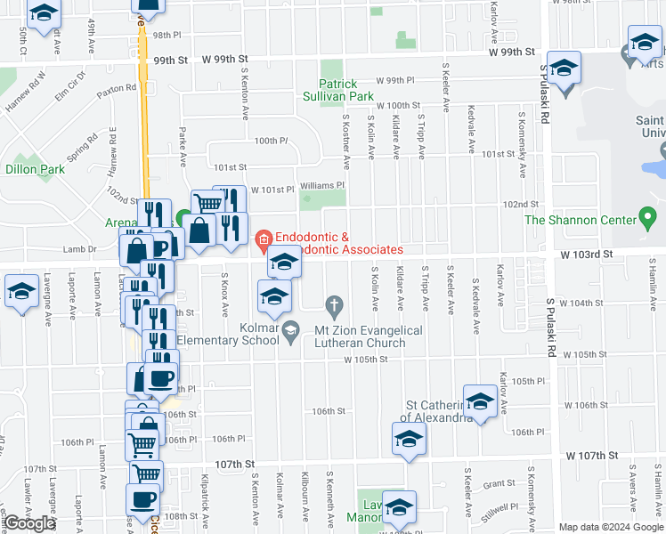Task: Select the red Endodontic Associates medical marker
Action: pos(263,239)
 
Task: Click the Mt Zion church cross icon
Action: pos(335,308)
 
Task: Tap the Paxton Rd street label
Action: pos(118,88)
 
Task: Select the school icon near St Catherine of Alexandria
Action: pos(480,401)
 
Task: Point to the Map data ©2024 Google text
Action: pos(611,527)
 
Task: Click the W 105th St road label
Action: pos(367,360)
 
